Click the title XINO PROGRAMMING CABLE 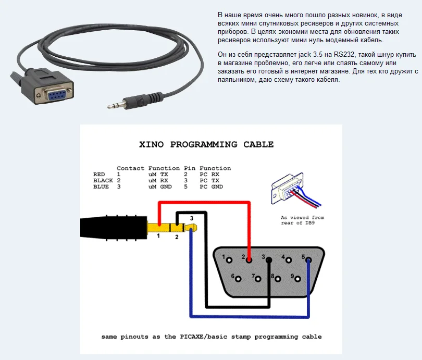[206, 144]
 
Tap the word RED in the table [99, 174]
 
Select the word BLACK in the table [103, 180]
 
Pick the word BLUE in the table [101, 187]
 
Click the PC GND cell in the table [211, 187]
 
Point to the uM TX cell [158, 174]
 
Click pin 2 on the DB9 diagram [249, 258]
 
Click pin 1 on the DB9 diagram [229, 258]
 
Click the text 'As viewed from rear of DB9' [302, 220]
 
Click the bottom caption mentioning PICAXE [211, 337]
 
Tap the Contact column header [130, 168]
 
